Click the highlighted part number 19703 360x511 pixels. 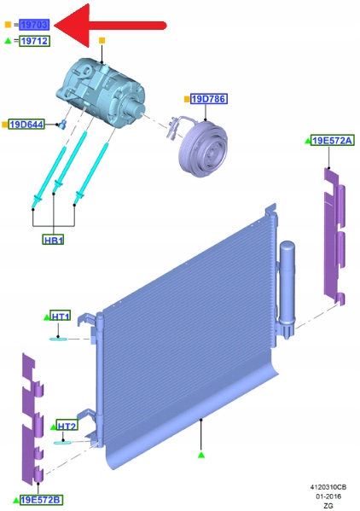pyautogui.click(x=34, y=25)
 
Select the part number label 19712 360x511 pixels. pyautogui.click(x=34, y=41)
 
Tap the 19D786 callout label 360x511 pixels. pyautogui.click(x=208, y=99)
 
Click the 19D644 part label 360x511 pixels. pyautogui.click(x=26, y=125)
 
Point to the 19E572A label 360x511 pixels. pyautogui.click(x=332, y=141)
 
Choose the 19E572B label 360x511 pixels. pyautogui.click(x=41, y=500)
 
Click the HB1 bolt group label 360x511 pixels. pyautogui.click(x=53, y=241)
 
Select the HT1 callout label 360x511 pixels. pyautogui.click(x=61, y=316)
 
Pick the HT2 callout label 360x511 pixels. pyautogui.click(x=67, y=426)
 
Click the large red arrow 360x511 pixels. pyautogui.click(x=110, y=26)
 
